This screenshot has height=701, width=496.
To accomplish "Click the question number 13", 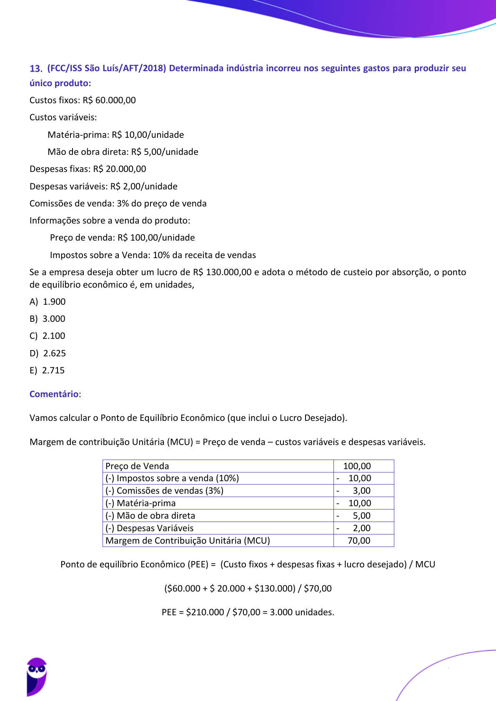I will click(36, 69).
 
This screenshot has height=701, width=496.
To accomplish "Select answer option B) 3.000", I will click(48, 319).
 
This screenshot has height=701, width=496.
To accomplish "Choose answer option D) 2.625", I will click(48, 353).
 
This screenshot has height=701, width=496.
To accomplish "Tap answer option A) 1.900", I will click(48, 302).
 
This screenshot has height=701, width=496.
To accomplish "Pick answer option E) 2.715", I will click(47, 370).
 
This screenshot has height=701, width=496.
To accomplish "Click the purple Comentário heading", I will click(54, 394).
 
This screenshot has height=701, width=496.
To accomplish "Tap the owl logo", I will click(37, 676).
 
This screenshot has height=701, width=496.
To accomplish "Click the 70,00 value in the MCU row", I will click(359, 541).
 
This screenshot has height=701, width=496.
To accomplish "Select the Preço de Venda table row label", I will click(137, 466).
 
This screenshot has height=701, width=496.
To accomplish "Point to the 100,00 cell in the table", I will click(357, 466).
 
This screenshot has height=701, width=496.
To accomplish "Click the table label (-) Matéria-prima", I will click(140, 503).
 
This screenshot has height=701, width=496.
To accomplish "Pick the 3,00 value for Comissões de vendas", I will click(361, 491).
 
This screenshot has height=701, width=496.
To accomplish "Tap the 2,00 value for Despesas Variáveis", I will click(361, 528).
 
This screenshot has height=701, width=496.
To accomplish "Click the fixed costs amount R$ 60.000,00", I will click(109, 100).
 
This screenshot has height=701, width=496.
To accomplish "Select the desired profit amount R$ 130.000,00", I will click(222, 272).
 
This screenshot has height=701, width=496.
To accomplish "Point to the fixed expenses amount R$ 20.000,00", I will click(120, 169).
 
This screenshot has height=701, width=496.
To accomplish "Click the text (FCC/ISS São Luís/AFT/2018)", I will click(107, 68).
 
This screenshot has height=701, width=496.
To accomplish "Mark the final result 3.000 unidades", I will click(302, 612).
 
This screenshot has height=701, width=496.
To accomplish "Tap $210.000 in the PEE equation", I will click(205, 612).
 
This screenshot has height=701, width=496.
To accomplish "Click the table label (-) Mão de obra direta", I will click(150, 516).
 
